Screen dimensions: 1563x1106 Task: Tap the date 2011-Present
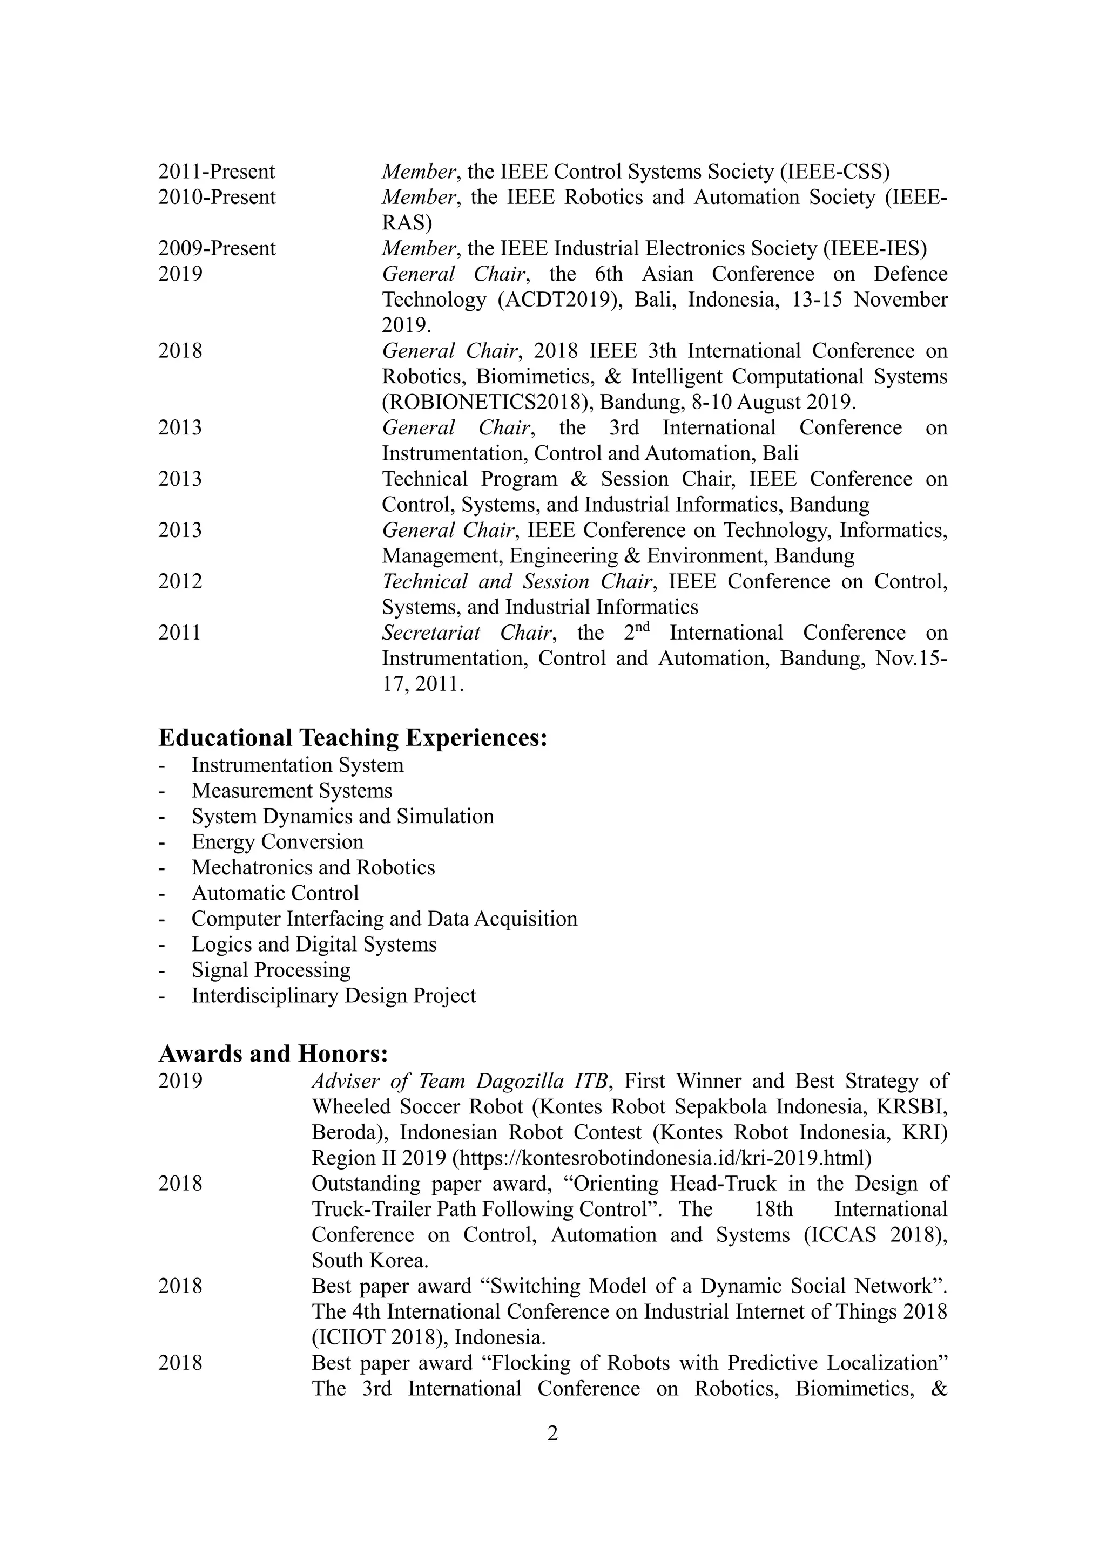(x=217, y=172)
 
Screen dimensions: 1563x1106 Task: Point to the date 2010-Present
(x=217, y=198)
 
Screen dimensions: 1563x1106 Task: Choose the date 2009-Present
(x=217, y=248)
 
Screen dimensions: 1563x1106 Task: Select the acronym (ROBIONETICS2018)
(x=486, y=402)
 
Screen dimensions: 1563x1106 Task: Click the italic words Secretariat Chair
(x=467, y=633)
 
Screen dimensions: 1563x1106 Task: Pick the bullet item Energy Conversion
(x=277, y=842)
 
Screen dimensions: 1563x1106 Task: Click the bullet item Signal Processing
(x=271, y=970)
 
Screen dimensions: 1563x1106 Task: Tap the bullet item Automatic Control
(x=274, y=893)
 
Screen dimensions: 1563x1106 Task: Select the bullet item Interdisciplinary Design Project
(x=334, y=996)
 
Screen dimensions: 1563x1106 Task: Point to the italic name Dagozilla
(x=524, y=1081)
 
